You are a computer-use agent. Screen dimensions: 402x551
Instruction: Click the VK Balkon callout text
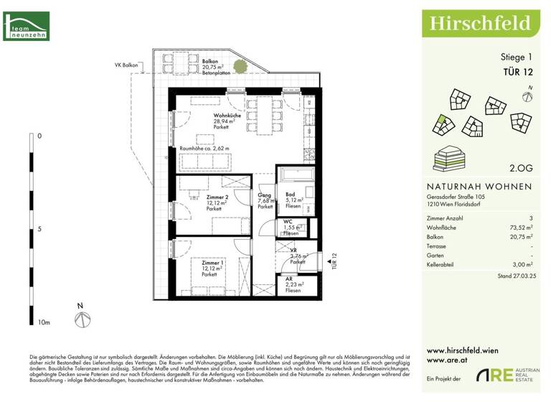tap(127, 65)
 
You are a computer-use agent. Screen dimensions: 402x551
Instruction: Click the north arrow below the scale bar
tap(82, 318)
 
